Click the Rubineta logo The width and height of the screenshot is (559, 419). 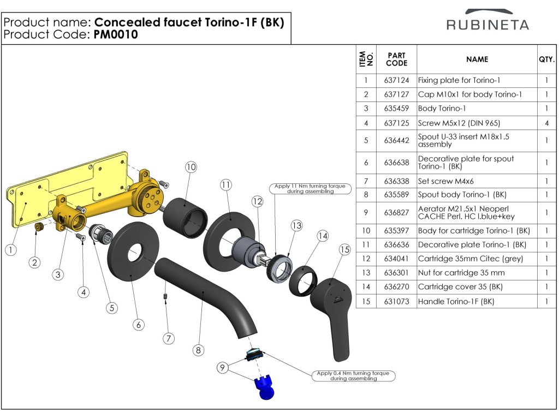(487, 20)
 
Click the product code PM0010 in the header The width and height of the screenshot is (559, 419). (116, 34)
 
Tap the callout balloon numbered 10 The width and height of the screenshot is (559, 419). (191, 167)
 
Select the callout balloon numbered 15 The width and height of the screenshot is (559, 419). (345, 249)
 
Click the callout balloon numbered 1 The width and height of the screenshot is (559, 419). (11, 250)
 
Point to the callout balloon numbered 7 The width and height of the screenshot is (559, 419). (169, 338)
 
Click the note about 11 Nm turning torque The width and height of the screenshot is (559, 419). (310, 188)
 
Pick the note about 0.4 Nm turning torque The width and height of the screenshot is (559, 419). (353, 376)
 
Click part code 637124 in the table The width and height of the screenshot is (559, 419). (396, 81)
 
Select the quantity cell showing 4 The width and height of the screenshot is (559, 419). (546, 123)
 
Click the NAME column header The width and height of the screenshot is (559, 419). (477, 59)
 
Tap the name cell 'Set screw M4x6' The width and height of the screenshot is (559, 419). (445, 181)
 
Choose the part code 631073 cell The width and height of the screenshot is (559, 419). (396, 301)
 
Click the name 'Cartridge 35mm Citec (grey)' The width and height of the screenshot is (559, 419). (471, 259)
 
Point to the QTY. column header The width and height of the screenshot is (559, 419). (546, 59)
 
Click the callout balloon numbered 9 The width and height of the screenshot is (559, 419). (223, 367)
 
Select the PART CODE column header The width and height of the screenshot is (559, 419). (396, 59)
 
